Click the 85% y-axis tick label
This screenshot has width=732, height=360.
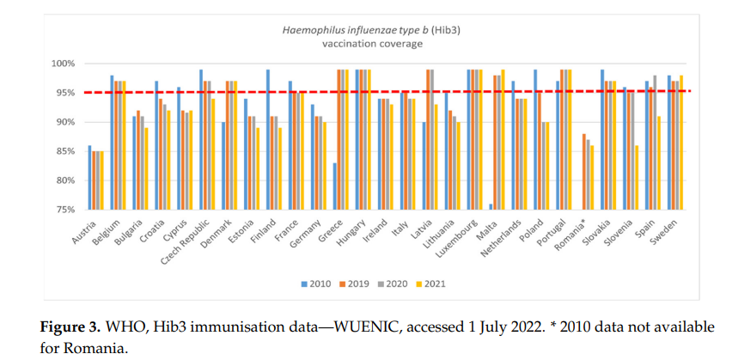click(x=65, y=151)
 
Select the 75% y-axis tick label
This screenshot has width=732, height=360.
click(x=65, y=210)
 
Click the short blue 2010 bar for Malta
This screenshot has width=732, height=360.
click(x=491, y=206)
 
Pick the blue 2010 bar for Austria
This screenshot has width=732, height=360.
click(x=89, y=178)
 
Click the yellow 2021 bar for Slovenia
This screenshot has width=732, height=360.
click(x=636, y=178)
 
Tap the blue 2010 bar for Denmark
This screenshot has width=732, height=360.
click(x=223, y=166)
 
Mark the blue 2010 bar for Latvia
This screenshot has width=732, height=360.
click(x=424, y=166)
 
